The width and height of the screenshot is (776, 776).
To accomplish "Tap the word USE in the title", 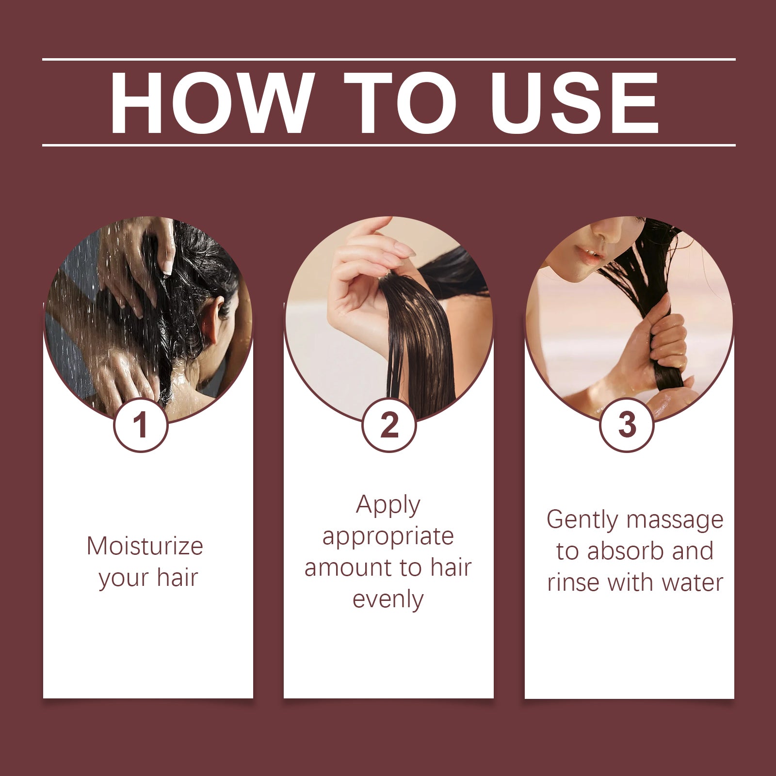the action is pyautogui.click(x=575, y=103).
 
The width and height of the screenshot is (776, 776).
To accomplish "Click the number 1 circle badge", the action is pyautogui.click(x=141, y=425).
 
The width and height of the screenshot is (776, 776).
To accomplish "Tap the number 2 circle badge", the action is pyautogui.click(x=389, y=425).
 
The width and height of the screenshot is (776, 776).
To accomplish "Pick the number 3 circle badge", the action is pyautogui.click(x=627, y=425).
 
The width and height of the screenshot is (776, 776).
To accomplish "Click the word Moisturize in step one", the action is pyautogui.click(x=145, y=546).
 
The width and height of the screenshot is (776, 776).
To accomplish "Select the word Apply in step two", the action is pyautogui.click(x=388, y=506).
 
